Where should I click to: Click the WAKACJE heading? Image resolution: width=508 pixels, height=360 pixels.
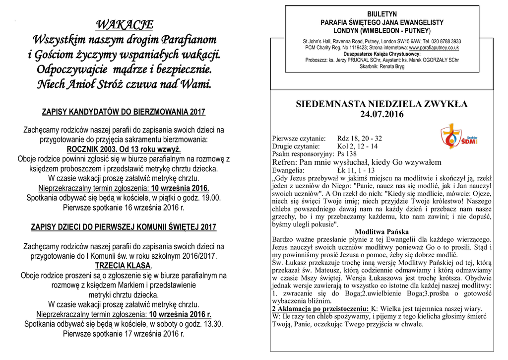(124, 24)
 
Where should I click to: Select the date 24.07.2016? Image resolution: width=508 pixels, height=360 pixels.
(381, 115)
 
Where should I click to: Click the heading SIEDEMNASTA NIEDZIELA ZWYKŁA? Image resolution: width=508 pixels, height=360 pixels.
(381, 104)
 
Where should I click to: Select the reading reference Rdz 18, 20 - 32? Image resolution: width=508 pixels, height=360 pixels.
(359, 139)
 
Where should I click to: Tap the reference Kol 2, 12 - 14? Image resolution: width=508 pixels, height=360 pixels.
(357, 146)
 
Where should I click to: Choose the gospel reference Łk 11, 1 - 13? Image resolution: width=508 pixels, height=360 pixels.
(356, 170)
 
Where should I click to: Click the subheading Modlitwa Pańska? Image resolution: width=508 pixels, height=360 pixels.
(381, 232)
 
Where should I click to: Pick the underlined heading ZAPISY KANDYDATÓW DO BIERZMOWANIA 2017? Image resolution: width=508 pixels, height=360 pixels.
(124, 112)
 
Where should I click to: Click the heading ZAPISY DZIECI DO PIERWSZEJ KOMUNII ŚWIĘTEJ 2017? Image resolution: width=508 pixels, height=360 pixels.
(124, 227)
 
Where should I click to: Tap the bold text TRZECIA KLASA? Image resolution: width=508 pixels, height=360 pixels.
(123, 266)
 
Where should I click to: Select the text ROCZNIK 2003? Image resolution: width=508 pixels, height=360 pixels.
(92, 149)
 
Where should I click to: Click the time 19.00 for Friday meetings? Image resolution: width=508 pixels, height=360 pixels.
(211, 198)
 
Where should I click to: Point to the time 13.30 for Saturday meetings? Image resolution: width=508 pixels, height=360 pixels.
(213, 324)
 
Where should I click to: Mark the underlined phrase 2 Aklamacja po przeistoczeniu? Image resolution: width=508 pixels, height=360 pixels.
(320, 308)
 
